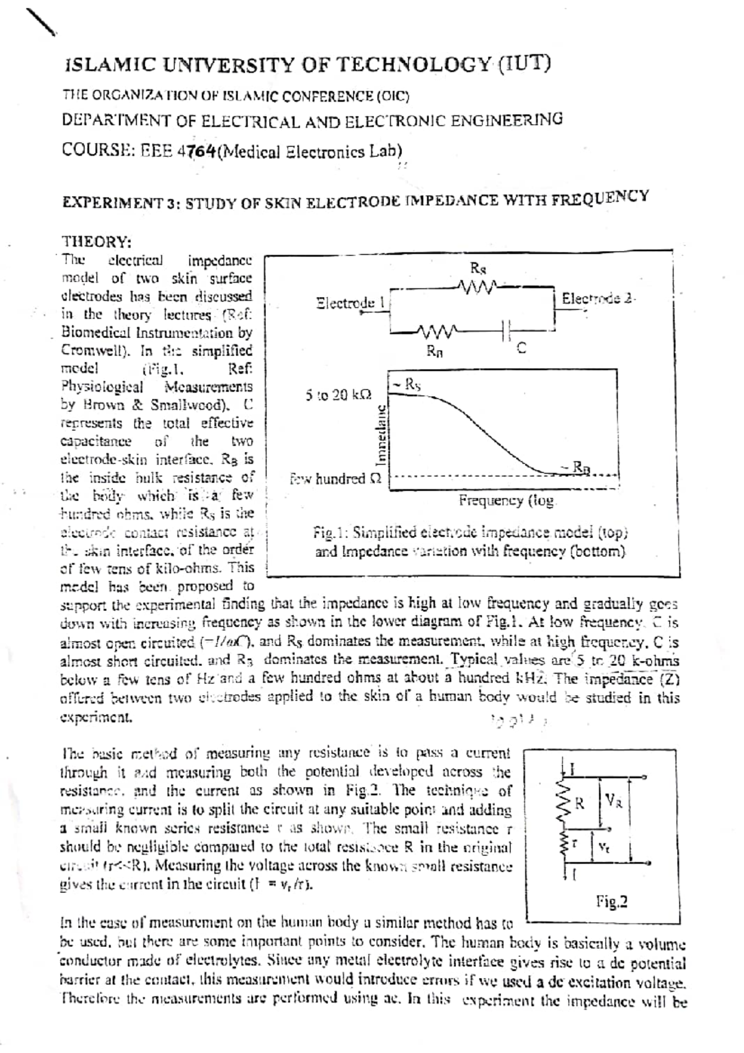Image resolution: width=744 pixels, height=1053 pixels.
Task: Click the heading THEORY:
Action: (96, 241)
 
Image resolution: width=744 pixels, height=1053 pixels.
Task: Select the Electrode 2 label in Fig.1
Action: (598, 298)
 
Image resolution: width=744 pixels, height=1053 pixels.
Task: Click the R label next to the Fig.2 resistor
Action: (580, 804)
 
